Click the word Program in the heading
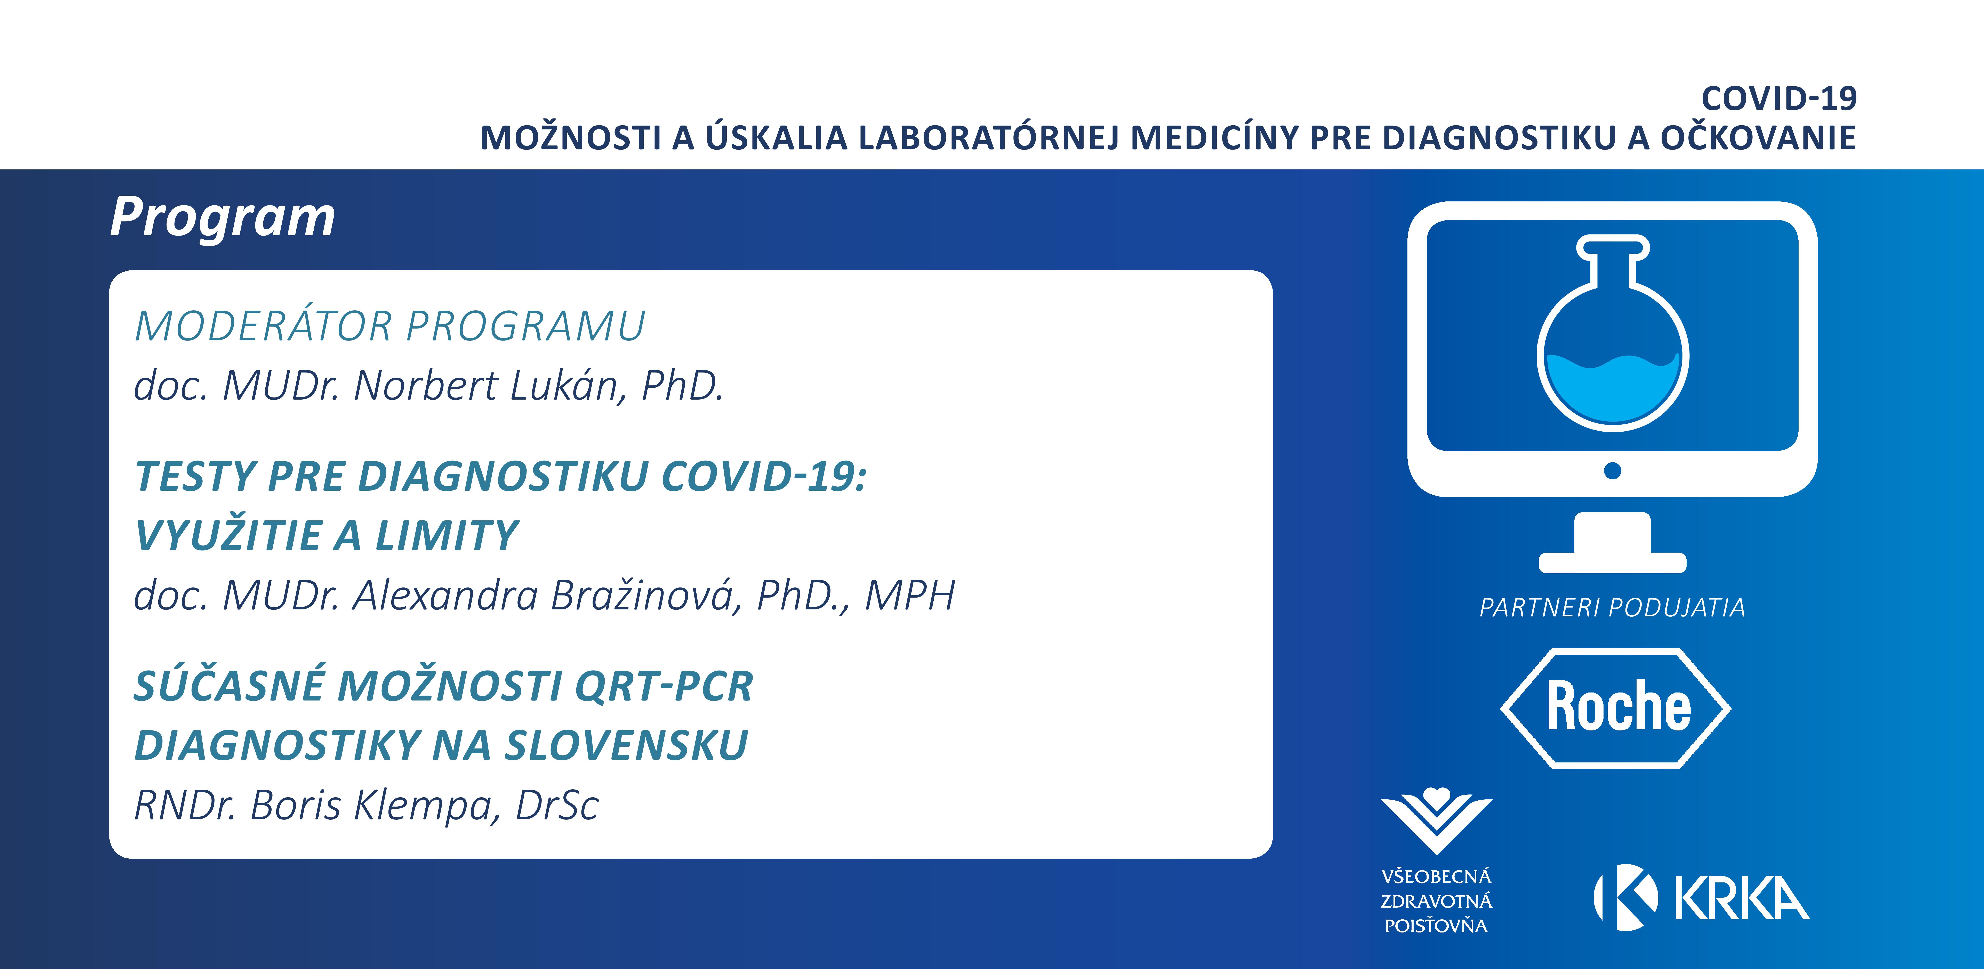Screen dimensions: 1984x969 click(223, 217)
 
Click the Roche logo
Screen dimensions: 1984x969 click(1616, 708)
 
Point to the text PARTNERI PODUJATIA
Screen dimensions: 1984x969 click(1612, 608)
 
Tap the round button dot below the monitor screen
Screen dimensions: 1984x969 click(1612, 471)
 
